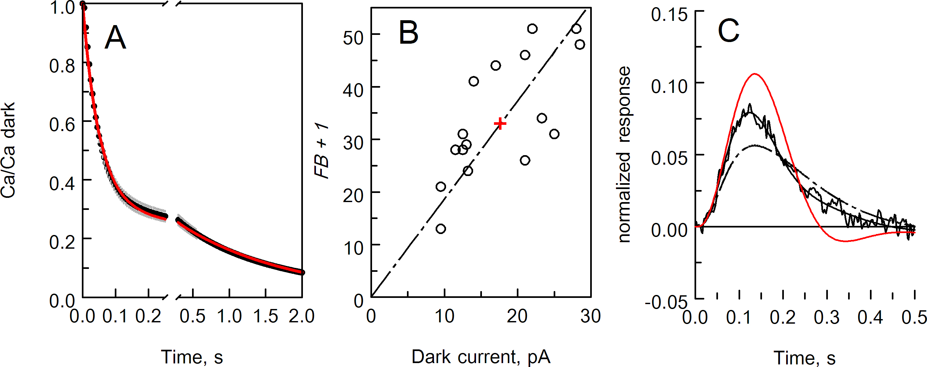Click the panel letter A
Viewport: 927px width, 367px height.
pyautogui.click(x=115, y=37)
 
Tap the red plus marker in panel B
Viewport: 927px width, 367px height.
pyautogui.click(x=500, y=124)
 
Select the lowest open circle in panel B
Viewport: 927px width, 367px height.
pyautogui.click(x=441, y=229)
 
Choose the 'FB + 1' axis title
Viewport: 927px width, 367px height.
pyautogui.click(x=322, y=150)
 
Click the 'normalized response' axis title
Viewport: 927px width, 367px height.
pyautogui.click(x=624, y=155)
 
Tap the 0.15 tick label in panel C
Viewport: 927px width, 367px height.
pyautogui.click(x=669, y=15)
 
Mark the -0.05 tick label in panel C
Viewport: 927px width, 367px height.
pyautogui.click(x=666, y=302)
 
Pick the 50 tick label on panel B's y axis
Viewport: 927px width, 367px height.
pyautogui.click(x=353, y=37)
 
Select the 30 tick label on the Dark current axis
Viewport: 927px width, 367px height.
pyautogui.click(x=591, y=316)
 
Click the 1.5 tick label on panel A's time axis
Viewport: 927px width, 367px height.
pyautogui.click(x=265, y=316)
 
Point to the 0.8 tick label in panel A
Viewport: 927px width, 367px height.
pyautogui.click(x=62, y=66)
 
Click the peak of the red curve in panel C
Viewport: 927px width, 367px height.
pyautogui.click(x=754, y=74)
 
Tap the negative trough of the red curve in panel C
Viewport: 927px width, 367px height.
pyautogui.click(x=845, y=241)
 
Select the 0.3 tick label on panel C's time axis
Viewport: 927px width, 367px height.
pyautogui.click(x=827, y=317)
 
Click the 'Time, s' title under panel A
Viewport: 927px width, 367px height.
pyautogui.click(x=192, y=357)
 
